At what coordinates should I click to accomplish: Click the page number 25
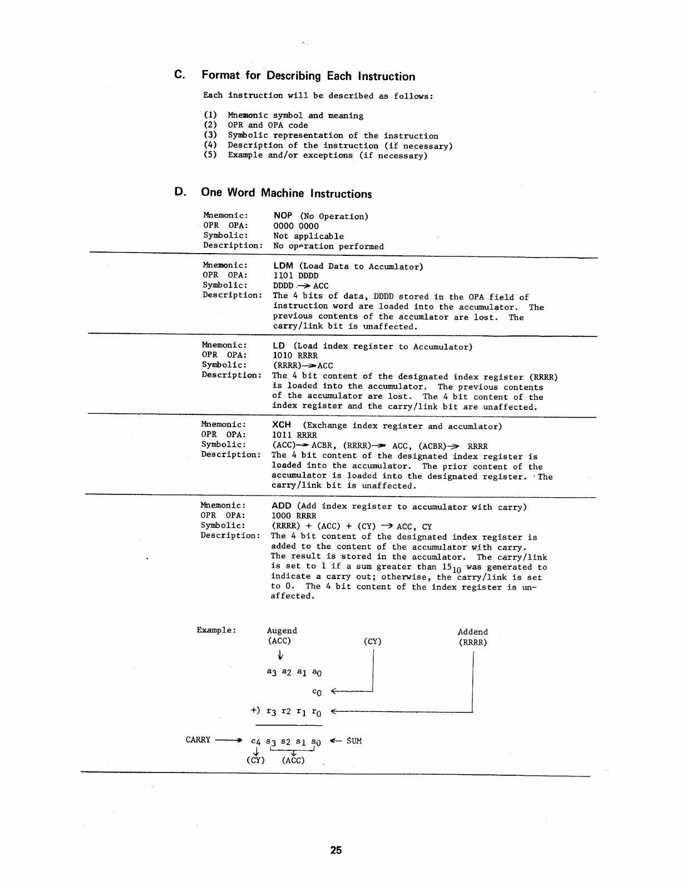335,850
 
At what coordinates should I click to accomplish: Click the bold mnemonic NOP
283,216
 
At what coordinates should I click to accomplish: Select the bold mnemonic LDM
283,266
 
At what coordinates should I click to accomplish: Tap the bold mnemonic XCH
282,425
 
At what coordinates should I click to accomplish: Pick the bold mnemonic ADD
281,506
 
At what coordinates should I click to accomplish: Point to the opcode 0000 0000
296,226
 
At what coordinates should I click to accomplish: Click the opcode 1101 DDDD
296,275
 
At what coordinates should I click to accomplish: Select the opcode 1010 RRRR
295,355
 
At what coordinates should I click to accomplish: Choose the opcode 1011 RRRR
294,435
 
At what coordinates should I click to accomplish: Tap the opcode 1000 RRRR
294,516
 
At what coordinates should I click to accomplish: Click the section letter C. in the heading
179,75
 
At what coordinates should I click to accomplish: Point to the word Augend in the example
282,631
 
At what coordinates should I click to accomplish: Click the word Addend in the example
472,632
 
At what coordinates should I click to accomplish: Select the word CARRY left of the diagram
198,740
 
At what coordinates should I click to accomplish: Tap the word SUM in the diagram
354,741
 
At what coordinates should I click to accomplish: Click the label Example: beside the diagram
216,630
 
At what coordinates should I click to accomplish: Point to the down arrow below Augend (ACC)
280,657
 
